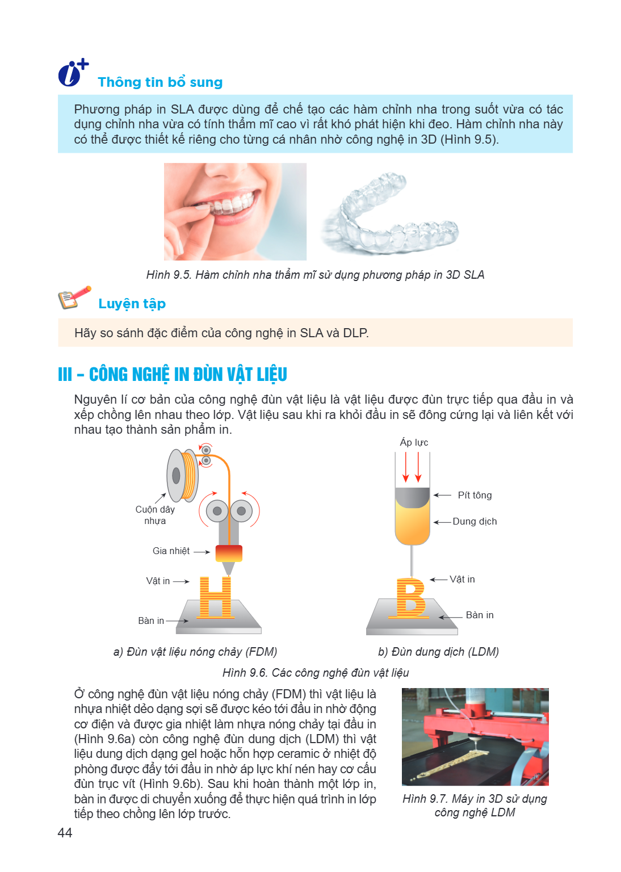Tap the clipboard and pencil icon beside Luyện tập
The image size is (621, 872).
click(74, 297)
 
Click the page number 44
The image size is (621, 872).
click(65, 833)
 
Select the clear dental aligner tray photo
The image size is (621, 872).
click(390, 213)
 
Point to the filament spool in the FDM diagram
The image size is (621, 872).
click(183, 475)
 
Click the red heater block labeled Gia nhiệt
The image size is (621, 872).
click(229, 553)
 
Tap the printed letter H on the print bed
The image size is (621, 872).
click(216, 597)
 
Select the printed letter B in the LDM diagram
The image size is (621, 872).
click(410, 598)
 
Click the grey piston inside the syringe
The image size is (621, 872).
click(412, 497)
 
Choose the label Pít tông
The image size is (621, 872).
click(475, 495)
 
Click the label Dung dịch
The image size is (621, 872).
click(475, 521)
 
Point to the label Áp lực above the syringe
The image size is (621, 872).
click(414, 442)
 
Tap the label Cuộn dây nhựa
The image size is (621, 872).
click(155, 515)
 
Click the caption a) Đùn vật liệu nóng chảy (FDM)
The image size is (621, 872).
click(195, 652)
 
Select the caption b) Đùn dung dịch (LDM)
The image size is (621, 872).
click(438, 652)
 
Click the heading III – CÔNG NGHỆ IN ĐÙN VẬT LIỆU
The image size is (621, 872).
click(173, 375)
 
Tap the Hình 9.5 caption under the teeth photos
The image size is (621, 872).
click(316, 275)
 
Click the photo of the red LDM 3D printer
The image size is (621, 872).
click(475, 736)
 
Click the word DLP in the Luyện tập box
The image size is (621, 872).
click(355, 333)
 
